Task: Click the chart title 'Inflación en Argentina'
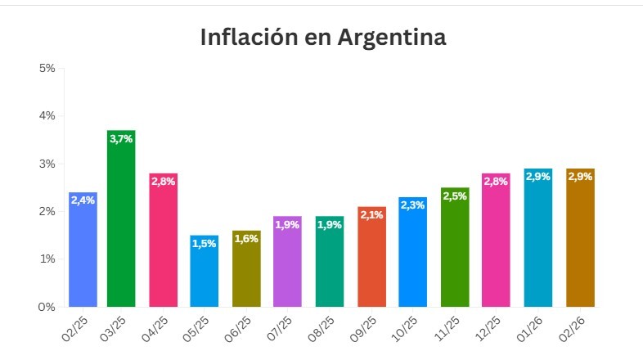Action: [323, 38]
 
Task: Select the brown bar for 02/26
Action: [580, 245]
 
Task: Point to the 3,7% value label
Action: [121, 139]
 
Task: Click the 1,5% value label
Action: [205, 243]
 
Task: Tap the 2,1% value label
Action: [371, 214]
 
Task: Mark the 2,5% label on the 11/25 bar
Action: [455, 196]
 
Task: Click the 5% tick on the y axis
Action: [47, 68]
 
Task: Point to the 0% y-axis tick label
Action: [47, 307]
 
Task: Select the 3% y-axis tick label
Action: [47, 164]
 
